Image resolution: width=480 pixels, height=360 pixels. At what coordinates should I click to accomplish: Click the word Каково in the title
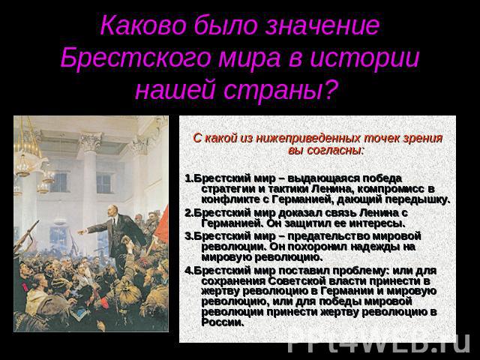pos(143,25)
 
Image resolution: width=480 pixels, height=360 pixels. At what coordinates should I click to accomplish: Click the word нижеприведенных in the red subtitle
pos(307,139)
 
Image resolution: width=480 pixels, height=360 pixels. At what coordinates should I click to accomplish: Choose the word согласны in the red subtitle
pos(334,151)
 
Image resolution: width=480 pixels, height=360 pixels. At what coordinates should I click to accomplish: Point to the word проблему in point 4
pos(361,271)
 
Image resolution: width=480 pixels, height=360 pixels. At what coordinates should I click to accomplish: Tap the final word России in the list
pos(223,322)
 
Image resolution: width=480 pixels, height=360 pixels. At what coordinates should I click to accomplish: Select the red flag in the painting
pos(161,226)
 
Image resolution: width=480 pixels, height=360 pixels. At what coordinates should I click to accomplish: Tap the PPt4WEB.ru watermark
pos(379,343)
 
